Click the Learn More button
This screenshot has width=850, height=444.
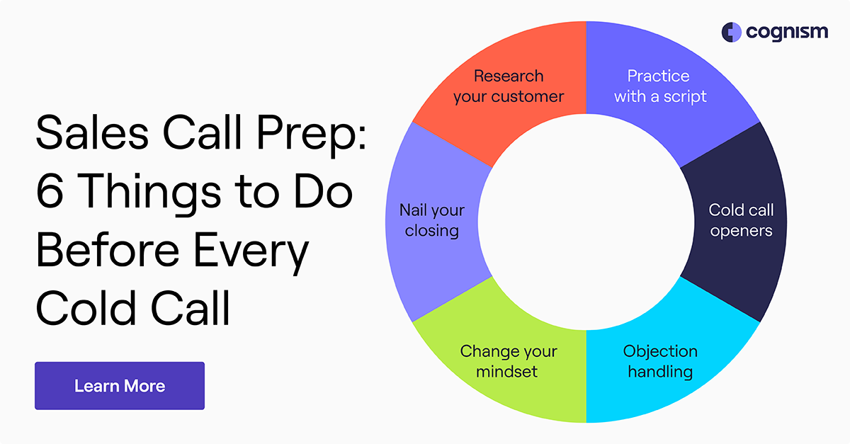(x=119, y=386)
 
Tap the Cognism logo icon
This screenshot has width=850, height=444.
(x=730, y=32)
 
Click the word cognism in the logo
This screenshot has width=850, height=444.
(x=786, y=33)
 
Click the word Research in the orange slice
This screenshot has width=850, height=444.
(x=509, y=76)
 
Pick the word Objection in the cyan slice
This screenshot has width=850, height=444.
(x=660, y=351)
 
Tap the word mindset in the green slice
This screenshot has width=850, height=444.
(x=507, y=371)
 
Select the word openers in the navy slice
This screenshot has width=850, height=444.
(x=741, y=231)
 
